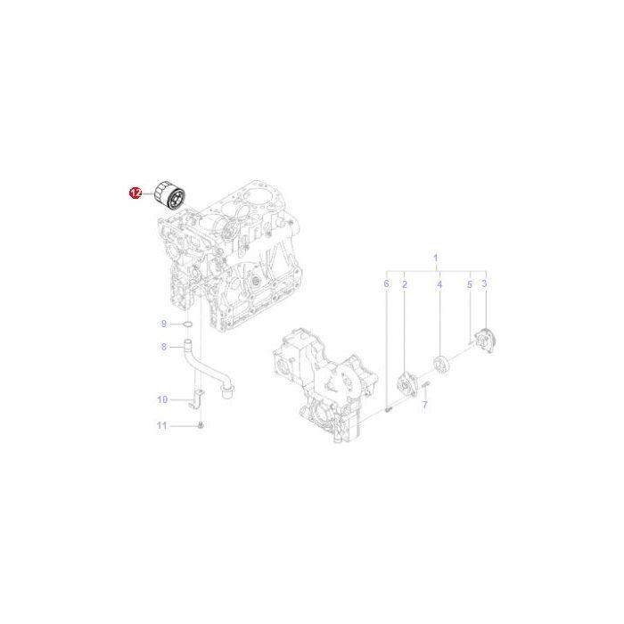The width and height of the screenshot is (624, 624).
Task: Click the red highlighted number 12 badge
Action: click(x=135, y=192)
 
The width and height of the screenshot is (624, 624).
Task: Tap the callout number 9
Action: click(x=164, y=323)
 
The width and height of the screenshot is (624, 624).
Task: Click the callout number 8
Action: click(x=164, y=347)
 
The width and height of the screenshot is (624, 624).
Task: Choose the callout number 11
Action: click(x=161, y=426)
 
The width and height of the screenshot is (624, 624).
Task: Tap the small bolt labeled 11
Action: click(x=202, y=426)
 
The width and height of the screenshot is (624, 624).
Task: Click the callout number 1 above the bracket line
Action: click(x=436, y=259)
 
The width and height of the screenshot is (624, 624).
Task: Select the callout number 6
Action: click(x=387, y=283)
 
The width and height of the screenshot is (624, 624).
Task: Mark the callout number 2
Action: click(x=405, y=283)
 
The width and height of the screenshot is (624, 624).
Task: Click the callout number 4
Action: click(x=439, y=283)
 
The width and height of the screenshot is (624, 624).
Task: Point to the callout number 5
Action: click(x=470, y=283)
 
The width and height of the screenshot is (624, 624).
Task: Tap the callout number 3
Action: click(x=484, y=283)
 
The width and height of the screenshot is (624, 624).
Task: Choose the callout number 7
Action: click(x=425, y=405)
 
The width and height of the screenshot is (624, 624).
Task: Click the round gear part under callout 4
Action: click(x=439, y=365)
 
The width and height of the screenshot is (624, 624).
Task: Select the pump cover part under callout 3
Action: click(x=485, y=341)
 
